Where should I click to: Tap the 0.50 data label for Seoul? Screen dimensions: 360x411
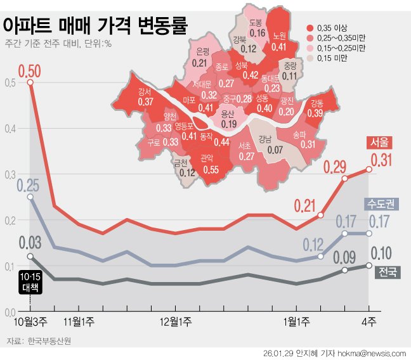pyautogui.click(x=30, y=70)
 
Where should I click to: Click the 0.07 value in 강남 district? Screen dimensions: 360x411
pyautogui.click(x=275, y=150)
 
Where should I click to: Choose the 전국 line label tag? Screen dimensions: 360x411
pyautogui.click(x=387, y=273)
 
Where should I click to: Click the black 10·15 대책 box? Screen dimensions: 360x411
pyautogui.click(x=30, y=282)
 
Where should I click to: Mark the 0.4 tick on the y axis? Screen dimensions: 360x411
pyautogui.click(x=10, y=129)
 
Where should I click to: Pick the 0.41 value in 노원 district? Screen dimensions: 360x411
pyautogui.click(x=278, y=46)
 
